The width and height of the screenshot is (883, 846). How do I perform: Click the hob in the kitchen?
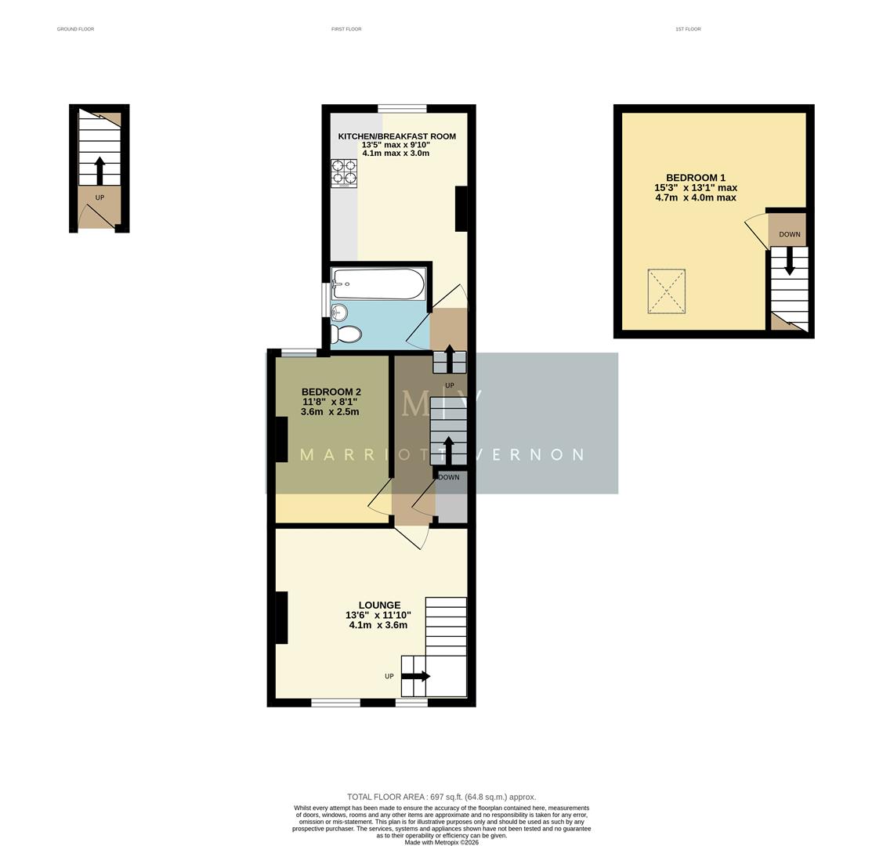point(343,173)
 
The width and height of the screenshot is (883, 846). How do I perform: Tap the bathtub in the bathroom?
point(378,284)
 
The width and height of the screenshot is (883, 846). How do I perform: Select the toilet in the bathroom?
point(346,334)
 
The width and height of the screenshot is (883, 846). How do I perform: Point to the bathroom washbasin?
point(338,313)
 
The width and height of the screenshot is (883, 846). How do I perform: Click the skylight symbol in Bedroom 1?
point(667,291)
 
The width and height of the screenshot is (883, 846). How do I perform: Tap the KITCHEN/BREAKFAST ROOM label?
point(396,136)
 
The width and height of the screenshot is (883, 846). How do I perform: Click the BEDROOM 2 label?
point(331,392)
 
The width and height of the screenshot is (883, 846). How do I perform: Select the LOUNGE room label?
point(379,605)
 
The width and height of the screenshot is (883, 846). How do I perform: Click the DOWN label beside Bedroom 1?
point(790,234)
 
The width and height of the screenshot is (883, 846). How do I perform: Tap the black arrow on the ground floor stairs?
point(100,170)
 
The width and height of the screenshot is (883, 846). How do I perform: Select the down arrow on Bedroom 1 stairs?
point(789,261)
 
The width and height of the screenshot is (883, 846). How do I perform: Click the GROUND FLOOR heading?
point(75,29)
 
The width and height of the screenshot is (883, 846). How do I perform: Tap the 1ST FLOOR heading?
point(688,29)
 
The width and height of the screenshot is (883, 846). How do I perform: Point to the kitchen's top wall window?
point(402,109)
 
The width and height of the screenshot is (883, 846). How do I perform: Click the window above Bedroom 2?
point(299,352)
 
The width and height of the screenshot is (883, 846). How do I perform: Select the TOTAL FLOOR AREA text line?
point(442,797)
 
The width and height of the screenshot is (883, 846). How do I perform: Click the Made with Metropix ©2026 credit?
point(441,842)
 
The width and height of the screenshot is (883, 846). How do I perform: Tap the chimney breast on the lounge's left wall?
point(281,617)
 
